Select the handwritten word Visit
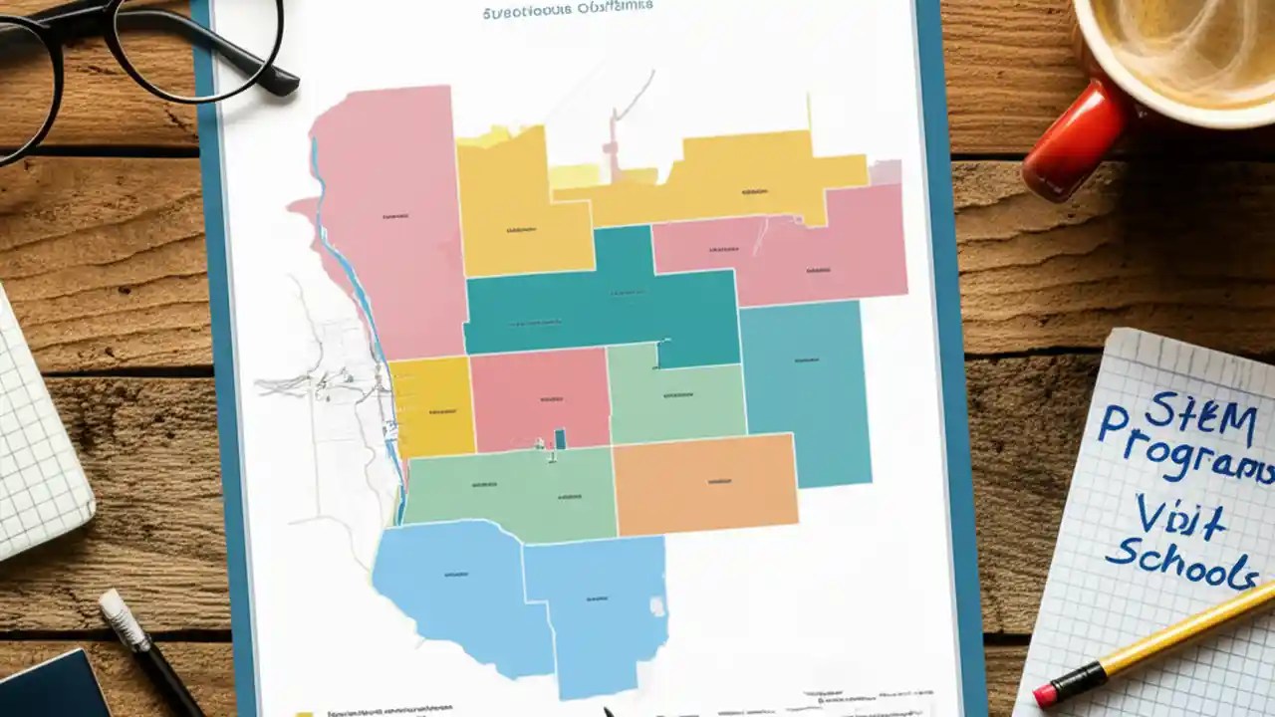point(1181,517)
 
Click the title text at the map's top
point(568,11)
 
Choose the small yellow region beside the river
point(431,406)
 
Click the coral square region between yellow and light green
point(540,397)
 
